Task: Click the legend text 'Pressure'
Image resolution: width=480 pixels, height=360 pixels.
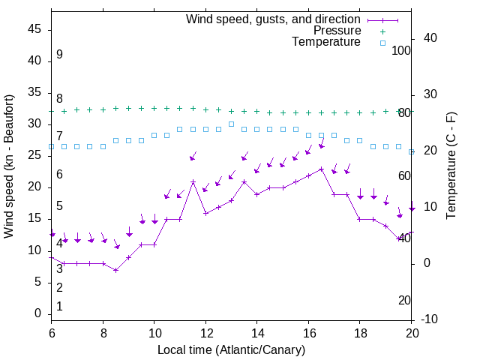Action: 337,31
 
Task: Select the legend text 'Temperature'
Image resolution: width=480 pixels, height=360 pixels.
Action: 326,43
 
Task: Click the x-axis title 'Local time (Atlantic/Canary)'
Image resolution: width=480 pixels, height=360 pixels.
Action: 232,349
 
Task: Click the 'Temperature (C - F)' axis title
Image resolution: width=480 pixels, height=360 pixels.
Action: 451,166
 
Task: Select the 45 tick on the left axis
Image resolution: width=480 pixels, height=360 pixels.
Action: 34,29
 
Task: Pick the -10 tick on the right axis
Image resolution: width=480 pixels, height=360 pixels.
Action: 428,319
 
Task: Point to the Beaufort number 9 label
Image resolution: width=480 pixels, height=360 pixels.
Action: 59,55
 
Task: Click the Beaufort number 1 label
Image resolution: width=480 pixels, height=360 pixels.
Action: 59,306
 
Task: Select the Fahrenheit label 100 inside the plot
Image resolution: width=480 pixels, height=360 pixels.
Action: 402,50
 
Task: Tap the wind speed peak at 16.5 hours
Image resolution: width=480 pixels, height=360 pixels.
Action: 322,169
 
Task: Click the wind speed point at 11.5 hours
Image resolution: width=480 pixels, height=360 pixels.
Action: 193,181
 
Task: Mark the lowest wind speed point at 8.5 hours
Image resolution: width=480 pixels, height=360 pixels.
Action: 116,270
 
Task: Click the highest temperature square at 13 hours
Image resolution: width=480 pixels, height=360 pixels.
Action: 231,124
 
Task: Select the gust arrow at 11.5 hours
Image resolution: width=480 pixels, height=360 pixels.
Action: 193,156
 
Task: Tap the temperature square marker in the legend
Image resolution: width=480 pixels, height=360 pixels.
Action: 382,43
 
